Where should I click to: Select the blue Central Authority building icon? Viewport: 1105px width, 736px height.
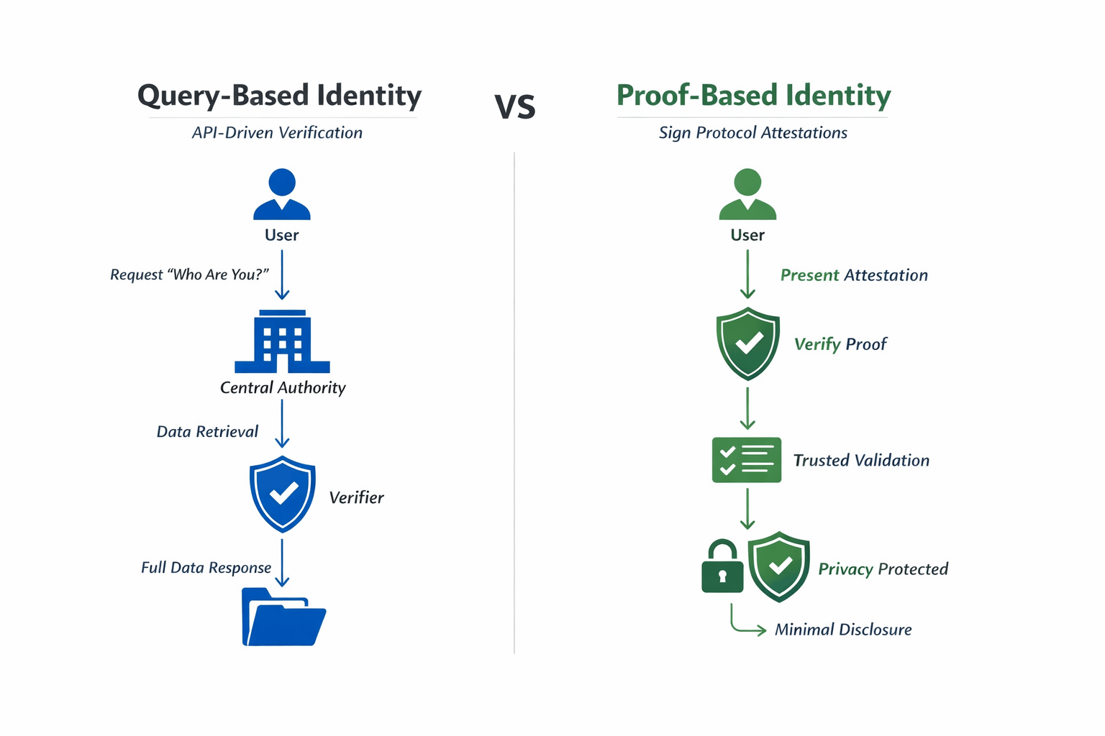(x=282, y=342)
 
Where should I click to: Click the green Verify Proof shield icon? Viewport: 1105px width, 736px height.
(x=748, y=344)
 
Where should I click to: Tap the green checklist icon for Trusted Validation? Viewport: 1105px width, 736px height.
(x=747, y=460)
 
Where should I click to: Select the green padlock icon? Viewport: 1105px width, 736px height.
(x=722, y=567)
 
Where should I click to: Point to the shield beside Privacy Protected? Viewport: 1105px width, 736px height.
(x=779, y=566)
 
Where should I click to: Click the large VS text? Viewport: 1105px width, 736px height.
(x=515, y=107)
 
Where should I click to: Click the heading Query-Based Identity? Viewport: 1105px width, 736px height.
(x=279, y=96)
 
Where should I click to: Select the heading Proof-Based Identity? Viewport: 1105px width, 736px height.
(x=753, y=96)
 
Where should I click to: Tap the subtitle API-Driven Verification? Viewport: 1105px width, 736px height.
(x=277, y=133)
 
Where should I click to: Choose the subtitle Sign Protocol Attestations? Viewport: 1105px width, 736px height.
(x=753, y=133)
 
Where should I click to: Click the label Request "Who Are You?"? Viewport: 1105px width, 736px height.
(x=189, y=275)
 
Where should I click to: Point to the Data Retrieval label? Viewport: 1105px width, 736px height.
(x=207, y=431)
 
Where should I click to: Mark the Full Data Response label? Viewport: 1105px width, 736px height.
(x=206, y=568)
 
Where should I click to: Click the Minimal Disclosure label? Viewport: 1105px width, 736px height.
(x=843, y=630)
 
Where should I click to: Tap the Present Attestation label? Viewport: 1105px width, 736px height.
(x=854, y=275)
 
